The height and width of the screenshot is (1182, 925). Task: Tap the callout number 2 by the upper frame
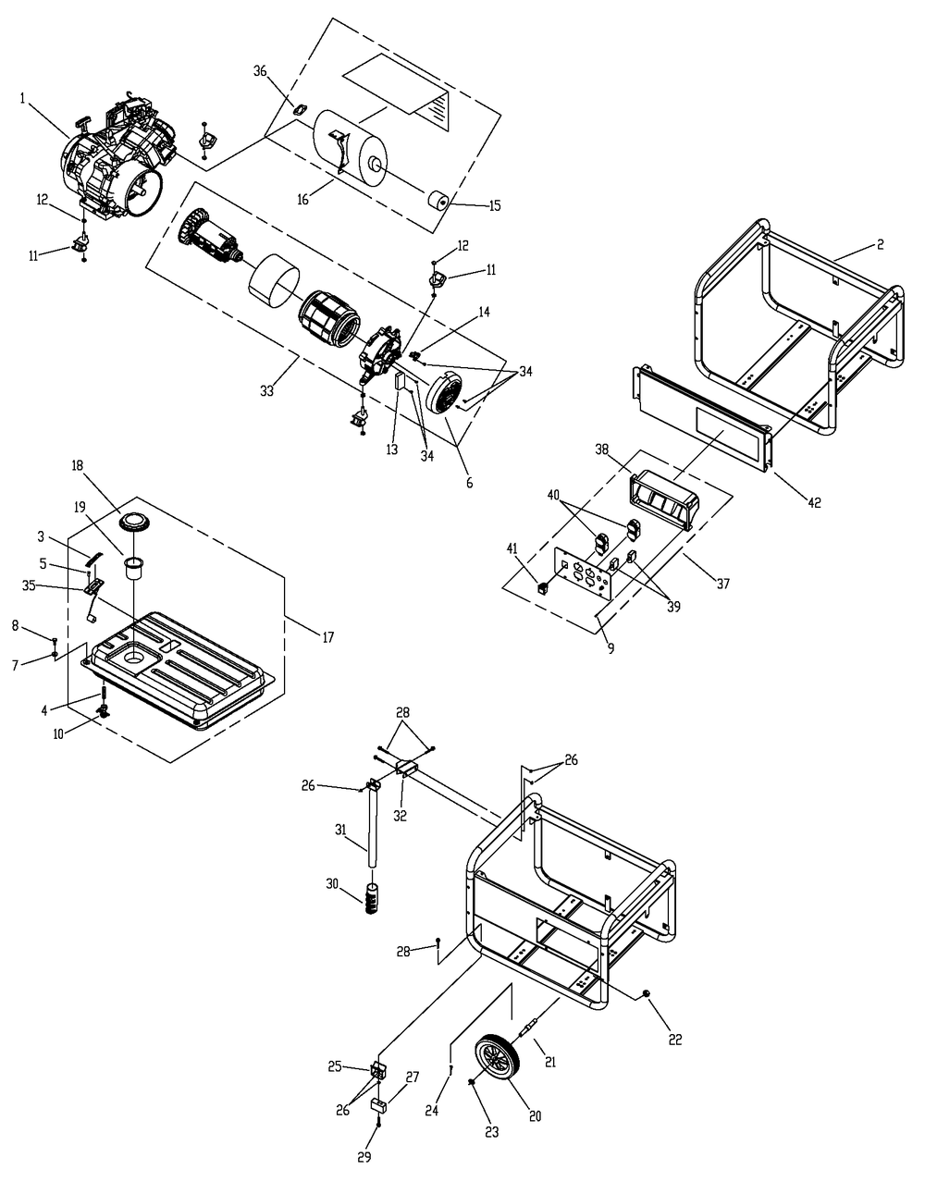[880, 245]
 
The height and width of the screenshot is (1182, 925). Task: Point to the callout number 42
[813, 502]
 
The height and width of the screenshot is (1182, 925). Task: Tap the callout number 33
[266, 391]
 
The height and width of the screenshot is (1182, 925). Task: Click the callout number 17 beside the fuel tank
[328, 636]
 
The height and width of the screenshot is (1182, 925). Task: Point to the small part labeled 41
[544, 585]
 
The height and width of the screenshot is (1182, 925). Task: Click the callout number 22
[674, 1040]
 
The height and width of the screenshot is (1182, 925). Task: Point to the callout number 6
[469, 482]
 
